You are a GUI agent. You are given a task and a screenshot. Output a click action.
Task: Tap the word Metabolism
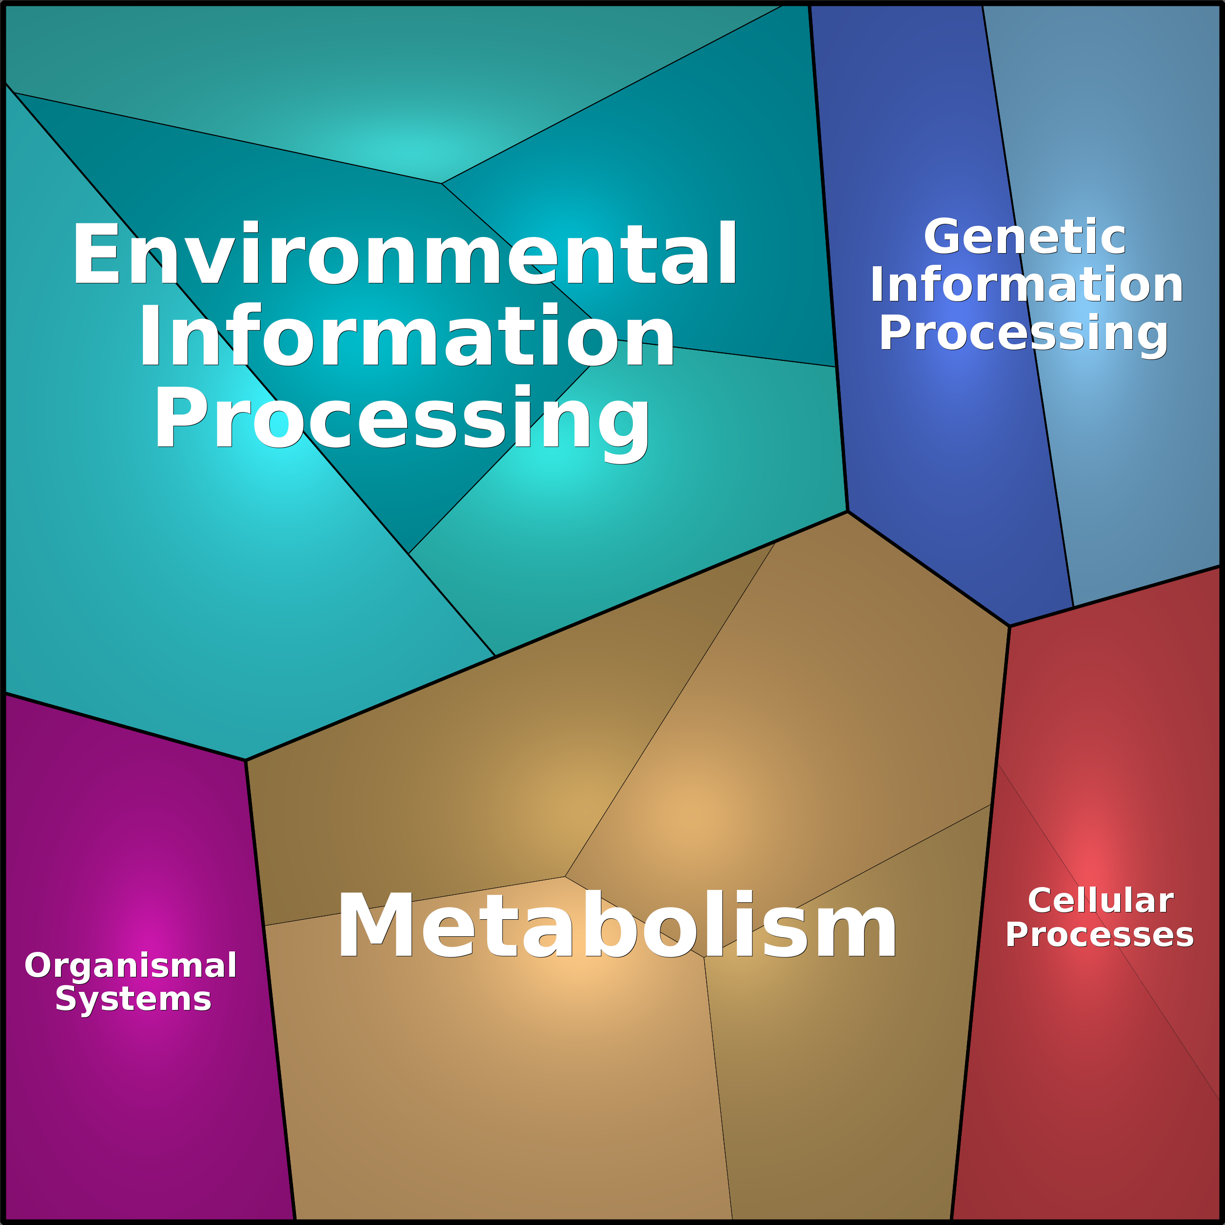coord(616,925)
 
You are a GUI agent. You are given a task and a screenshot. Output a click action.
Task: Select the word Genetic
coord(1025,237)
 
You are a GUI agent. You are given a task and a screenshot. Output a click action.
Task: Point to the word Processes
coord(1100,935)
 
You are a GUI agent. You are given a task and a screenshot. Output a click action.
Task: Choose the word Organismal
coord(131,966)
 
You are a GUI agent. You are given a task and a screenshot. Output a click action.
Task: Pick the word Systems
coord(133,999)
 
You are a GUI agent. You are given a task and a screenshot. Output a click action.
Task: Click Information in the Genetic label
coord(1027,285)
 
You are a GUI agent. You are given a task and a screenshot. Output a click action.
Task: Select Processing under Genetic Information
coord(1024,334)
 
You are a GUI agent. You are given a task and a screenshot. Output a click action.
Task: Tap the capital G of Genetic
coord(944,237)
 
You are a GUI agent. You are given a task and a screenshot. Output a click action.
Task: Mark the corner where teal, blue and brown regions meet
coord(848,511)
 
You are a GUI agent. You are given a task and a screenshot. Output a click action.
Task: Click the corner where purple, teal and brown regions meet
coord(245,760)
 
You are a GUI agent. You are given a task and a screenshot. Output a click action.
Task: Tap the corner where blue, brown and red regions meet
coord(1009,627)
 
